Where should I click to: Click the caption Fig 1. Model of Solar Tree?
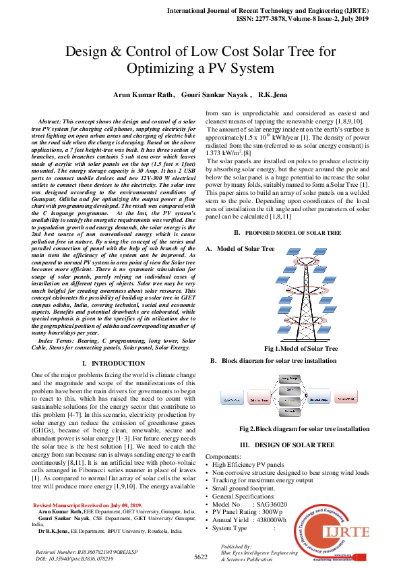(x=301, y=349)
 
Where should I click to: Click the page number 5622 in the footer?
(x=200, y=557)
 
